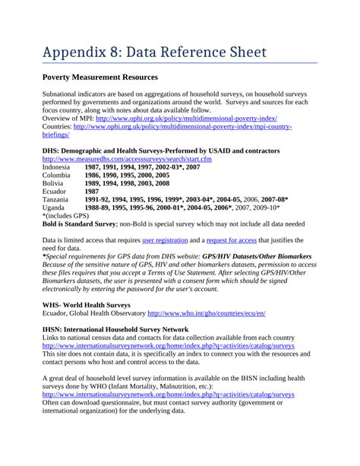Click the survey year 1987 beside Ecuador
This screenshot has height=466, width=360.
(x=93, y=192)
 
